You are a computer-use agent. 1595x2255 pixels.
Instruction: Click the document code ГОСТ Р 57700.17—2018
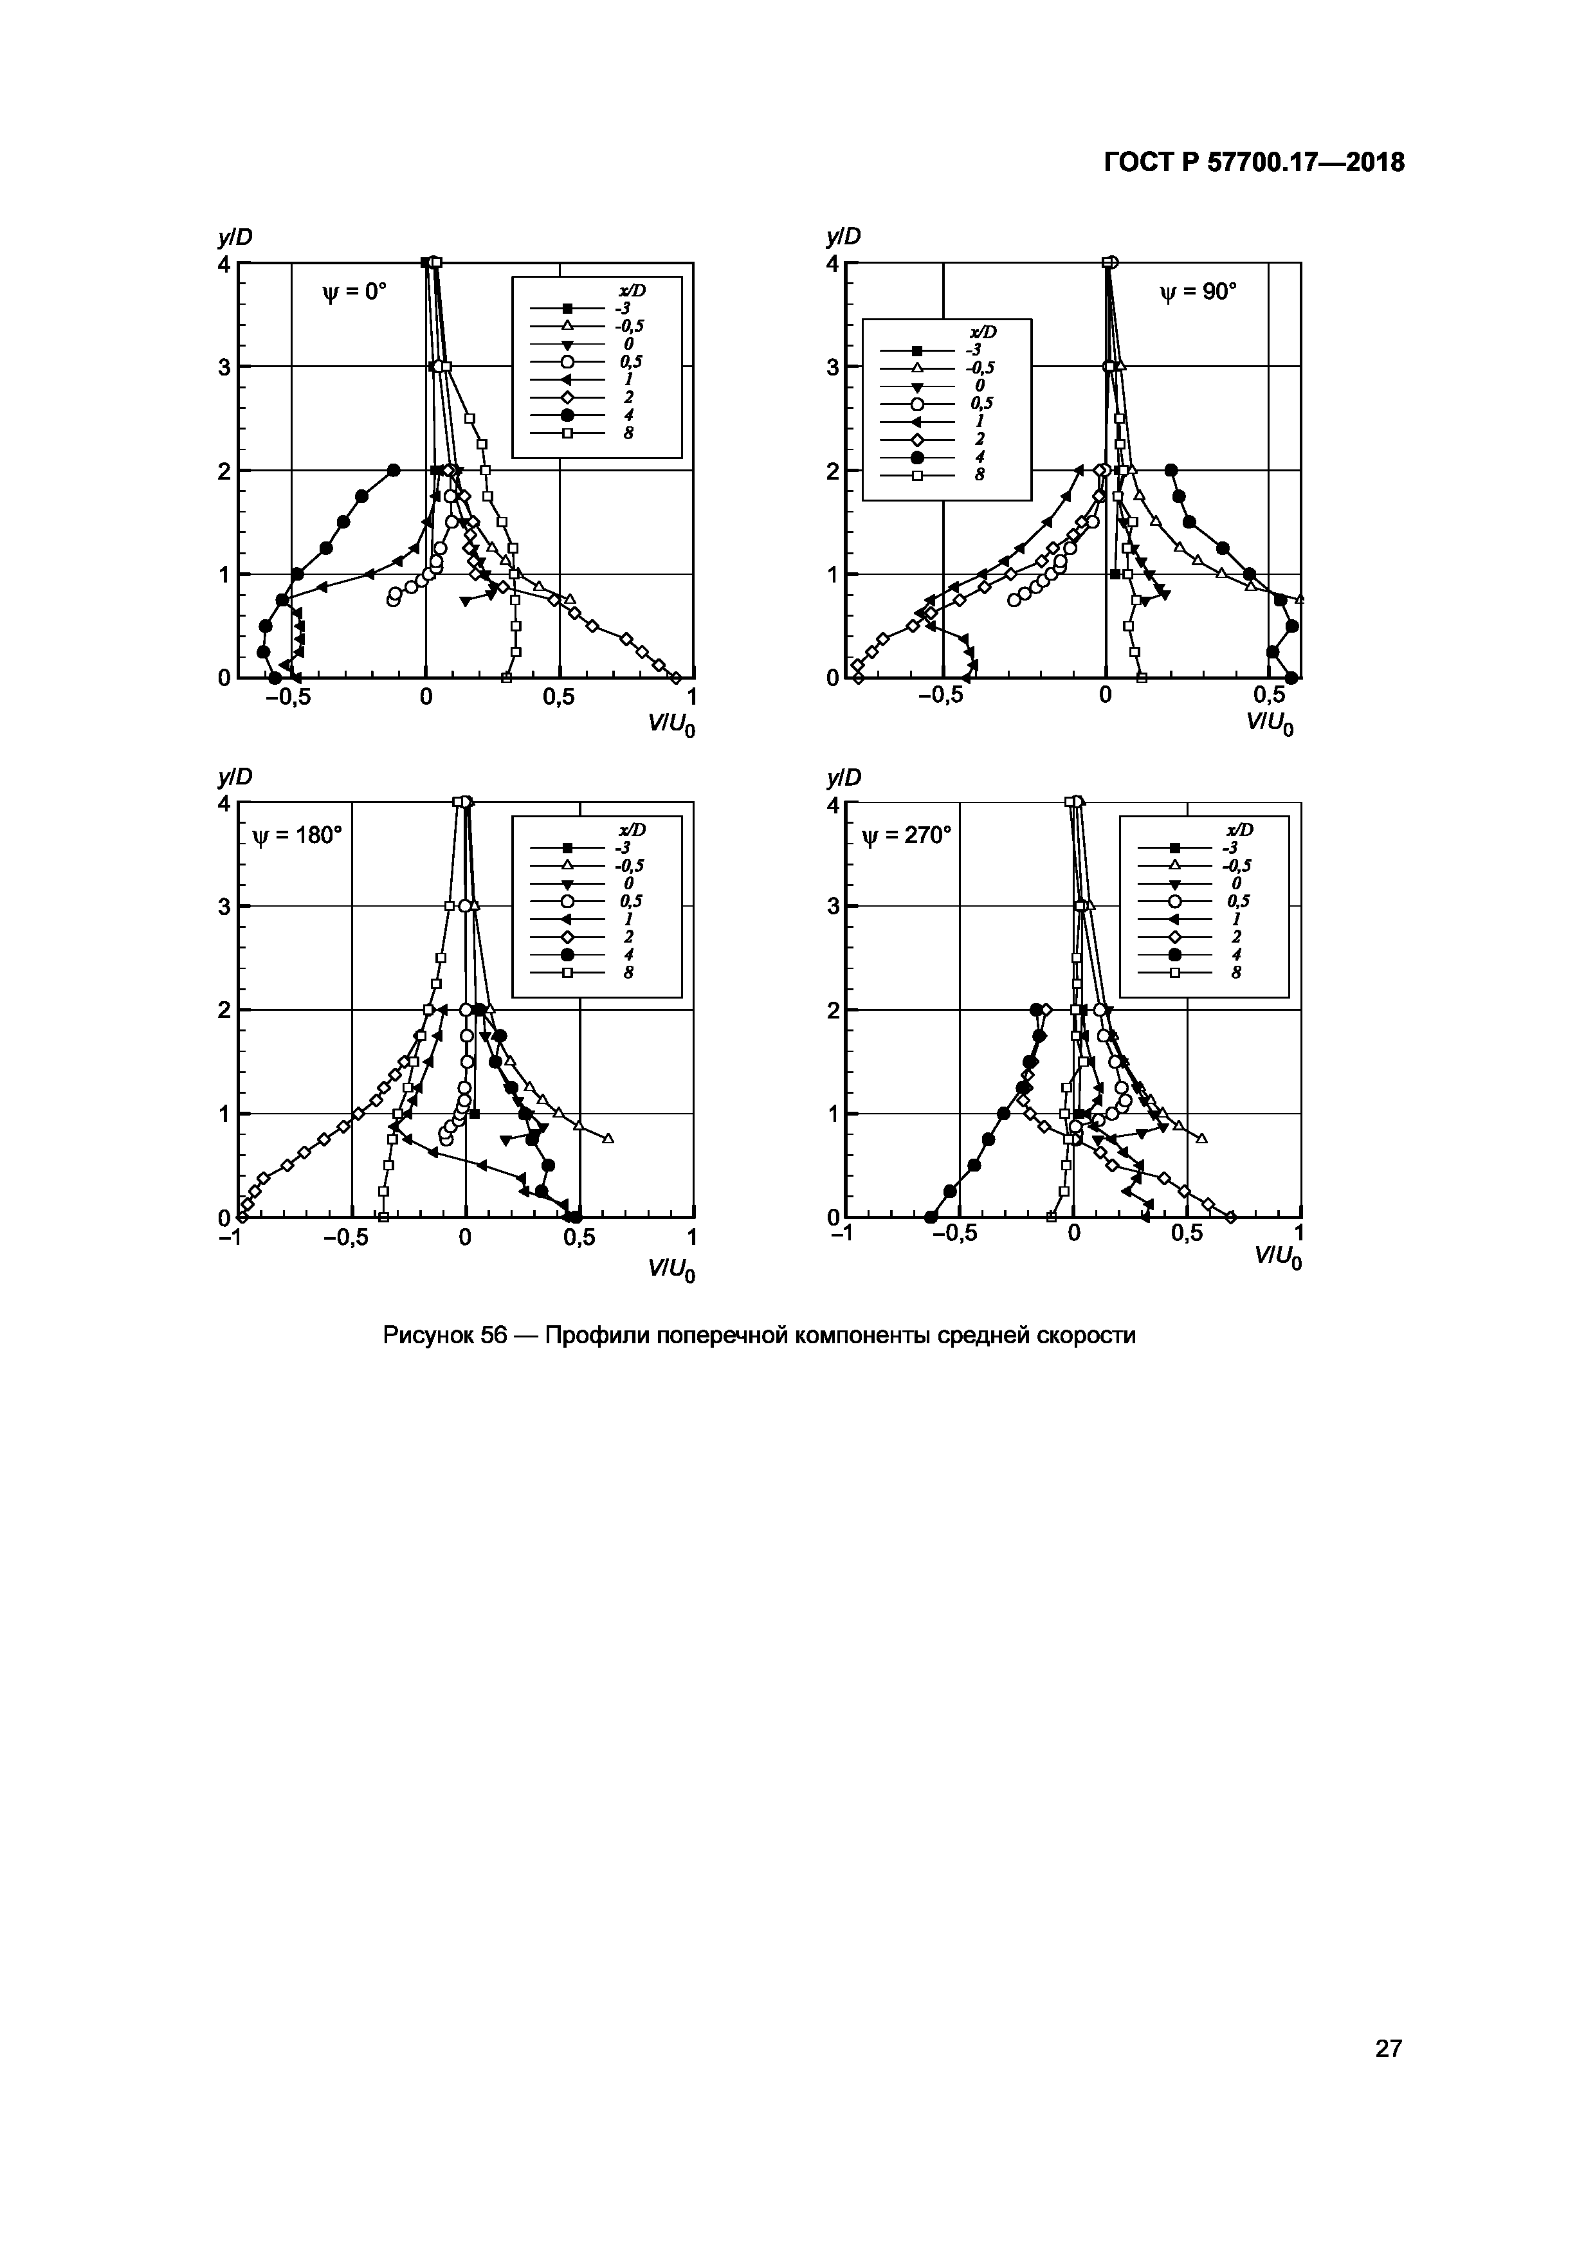[x=1254, y=163]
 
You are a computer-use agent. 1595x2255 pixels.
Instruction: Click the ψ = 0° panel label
[x=356, y=292]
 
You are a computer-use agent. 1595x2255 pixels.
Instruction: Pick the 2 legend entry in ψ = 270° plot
[x=1235, y=937]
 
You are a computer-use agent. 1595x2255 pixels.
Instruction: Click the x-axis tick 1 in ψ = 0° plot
[x=693, y=696]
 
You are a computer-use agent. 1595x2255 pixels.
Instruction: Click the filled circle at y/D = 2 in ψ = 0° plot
[x=394, y=469]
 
